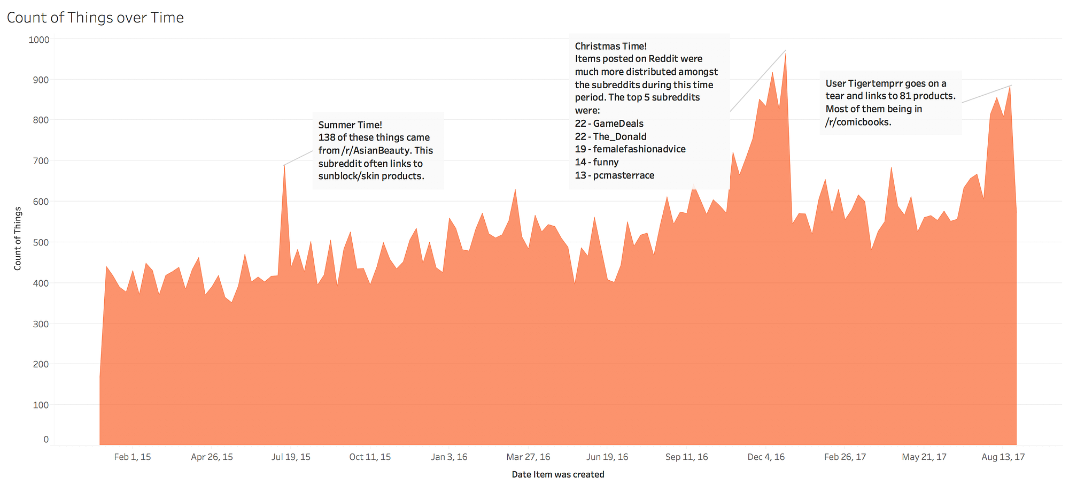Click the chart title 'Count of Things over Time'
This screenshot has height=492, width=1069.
point(95,18)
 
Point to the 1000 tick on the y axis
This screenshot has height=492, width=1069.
point(39,40)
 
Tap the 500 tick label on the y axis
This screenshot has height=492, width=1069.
point(41,242)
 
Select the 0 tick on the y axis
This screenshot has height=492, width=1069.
point(46,440)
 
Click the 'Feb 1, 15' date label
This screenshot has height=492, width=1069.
point(133,457)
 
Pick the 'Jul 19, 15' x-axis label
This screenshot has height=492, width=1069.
point(291,457)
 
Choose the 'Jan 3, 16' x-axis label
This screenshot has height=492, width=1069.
point(449,457)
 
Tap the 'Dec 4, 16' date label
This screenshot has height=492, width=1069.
point(766,457)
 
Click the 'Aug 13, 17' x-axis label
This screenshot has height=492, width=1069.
point(1003,457)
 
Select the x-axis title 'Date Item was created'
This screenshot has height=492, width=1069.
point(557,474)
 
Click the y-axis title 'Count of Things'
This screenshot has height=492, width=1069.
point(18,239)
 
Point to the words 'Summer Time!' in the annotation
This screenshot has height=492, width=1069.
point(350,125)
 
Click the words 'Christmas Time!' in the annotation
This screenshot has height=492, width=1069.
point(611,47)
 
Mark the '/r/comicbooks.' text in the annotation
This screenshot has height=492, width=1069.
point(858,122)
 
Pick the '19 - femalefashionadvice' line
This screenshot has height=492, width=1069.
point(630,149)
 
